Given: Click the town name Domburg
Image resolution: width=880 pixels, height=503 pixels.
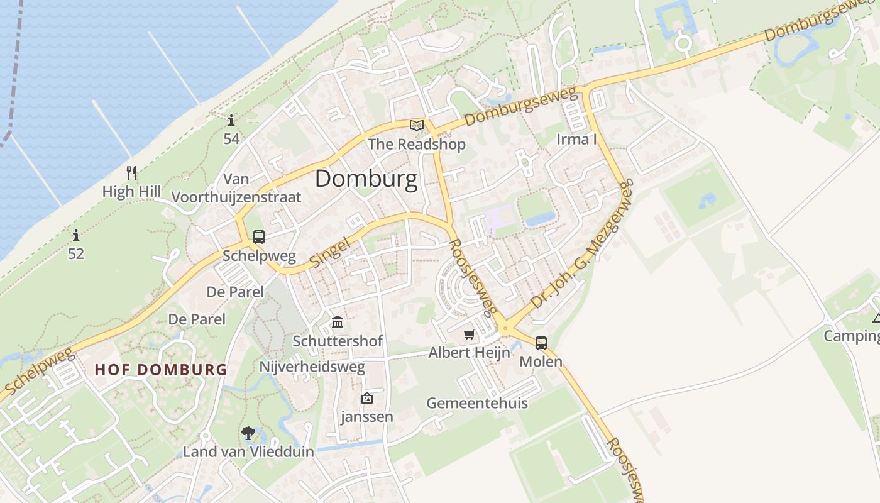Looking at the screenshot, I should (366, 179).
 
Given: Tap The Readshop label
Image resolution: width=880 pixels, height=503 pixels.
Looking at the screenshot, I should (417, 145).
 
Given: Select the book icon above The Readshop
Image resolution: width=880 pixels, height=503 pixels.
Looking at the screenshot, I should (417, 125).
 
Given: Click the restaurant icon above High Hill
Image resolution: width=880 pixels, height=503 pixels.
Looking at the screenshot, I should (131, 173).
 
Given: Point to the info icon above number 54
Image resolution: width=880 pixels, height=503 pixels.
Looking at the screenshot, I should (231, 120).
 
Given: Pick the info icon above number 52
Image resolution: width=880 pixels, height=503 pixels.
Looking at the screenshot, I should (76, 236).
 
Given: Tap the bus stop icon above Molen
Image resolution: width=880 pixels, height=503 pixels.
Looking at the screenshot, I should (541, 343).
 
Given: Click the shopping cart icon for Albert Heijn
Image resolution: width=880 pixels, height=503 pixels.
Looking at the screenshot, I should (469, 334).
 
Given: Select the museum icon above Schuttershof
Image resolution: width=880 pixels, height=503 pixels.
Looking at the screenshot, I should (338, 323).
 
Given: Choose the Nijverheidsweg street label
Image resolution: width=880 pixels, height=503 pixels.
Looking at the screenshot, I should (312, 367).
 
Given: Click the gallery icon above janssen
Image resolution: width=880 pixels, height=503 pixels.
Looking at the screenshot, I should (367, 398).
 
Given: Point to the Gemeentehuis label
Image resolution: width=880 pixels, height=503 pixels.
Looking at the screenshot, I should (477, 403).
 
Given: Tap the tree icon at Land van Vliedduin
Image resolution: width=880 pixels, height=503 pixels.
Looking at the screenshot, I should (248, 433).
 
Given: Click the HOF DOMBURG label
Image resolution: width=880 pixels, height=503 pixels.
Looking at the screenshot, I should (160, 370).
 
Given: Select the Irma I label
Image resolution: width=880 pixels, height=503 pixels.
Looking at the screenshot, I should (576, 139).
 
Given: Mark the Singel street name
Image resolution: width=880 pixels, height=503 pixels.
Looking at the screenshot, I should (330, 251).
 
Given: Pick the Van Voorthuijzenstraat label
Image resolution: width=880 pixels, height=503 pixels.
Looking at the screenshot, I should (236, 189).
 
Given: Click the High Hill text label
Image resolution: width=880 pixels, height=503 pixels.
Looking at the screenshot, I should (131, 191).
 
